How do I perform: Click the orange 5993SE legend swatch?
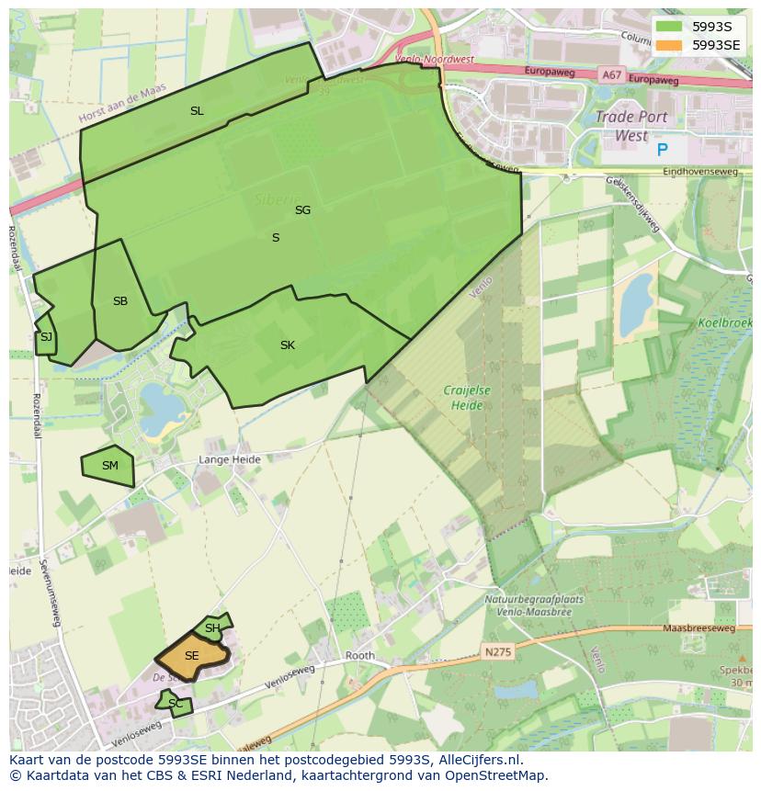(x=668, y=44)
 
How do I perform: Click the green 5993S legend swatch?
(x=668, y=26)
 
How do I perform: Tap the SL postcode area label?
(x=197, y=111)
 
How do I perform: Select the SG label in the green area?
(x=302, y=210)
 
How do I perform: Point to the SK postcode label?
(x=288, y=345)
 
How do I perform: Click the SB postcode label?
(x=120, y=301)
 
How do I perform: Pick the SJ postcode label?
(x=46, y=337)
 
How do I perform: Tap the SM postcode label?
(x=110, y=466)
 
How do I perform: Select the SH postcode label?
(x=212, y=628)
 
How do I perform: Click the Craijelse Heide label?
(x=467, y=397)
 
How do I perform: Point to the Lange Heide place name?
(x=230, y=459)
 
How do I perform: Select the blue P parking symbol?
(x=663, y=150)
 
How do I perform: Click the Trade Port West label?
(x=630, y=126)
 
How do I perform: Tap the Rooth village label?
(x=360, y=656)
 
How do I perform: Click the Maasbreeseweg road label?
(x=699, y=629)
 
